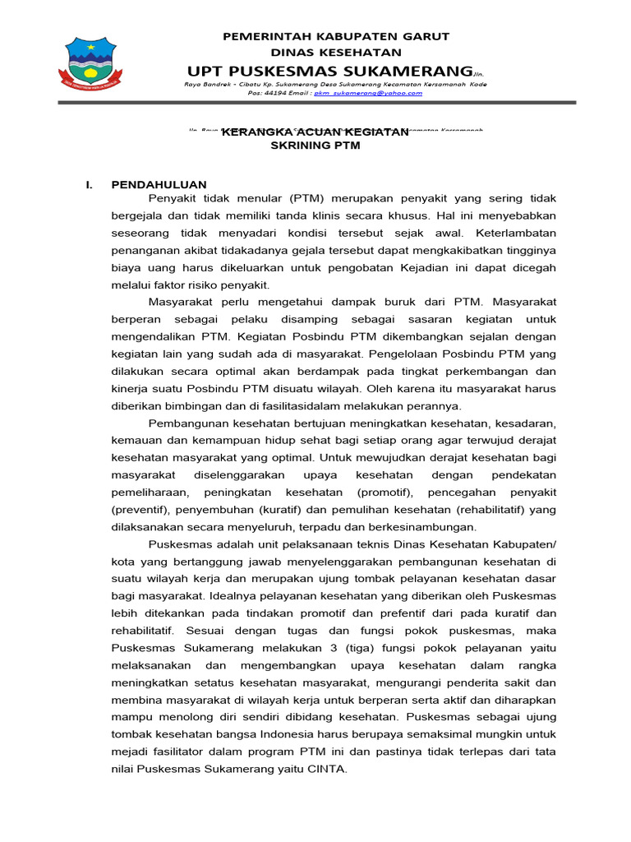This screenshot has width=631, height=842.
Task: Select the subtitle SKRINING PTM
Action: (x=315, y=146)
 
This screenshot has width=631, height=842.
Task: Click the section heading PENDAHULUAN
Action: (x=159, y=185)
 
